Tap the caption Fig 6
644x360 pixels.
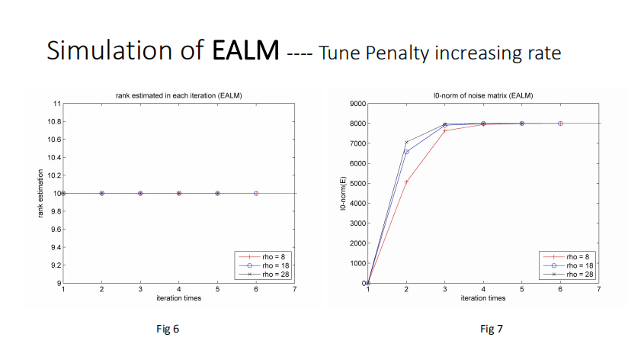point(167,329)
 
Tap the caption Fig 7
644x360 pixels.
point(492,329)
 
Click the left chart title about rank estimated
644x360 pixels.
point(178,95)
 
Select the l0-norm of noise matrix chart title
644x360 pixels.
point(482,95)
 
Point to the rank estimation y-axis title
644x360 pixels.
point(41,194)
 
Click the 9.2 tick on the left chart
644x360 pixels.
point(54,265)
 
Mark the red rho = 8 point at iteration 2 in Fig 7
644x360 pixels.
point(406,182)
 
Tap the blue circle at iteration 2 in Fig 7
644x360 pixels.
point(406,152)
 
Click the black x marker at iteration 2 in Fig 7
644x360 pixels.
point(406,142)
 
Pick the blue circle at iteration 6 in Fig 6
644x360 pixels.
point(256,194)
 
